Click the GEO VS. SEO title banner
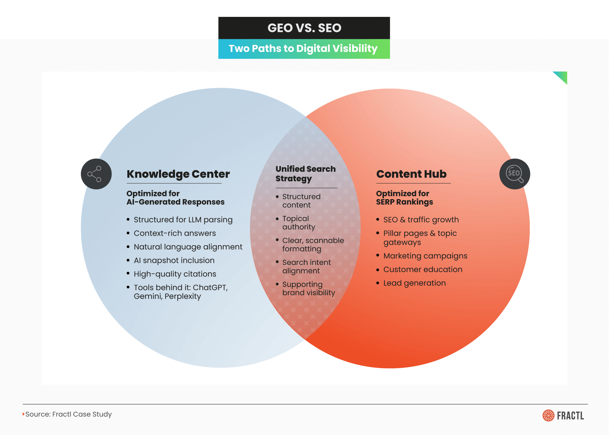coord(304,28)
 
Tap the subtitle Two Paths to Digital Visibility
coord(303,49)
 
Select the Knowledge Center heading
coord(178,174)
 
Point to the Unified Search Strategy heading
coord(305,173)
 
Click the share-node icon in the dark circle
coord(96,174)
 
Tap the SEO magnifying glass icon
coord(514,174)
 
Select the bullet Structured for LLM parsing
coord(183,220)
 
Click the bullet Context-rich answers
coord(175,233)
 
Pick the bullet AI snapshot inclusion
coord(174,260)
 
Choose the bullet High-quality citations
coord(175,274)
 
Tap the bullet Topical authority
coord(299,222)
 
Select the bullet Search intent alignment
coord(306,267)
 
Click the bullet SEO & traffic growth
coord(421,220)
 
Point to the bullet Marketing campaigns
coord(425,256)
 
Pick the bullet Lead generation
coord(414,283)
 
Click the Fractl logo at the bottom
coord(563,416)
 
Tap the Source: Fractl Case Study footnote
coord(68,414)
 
